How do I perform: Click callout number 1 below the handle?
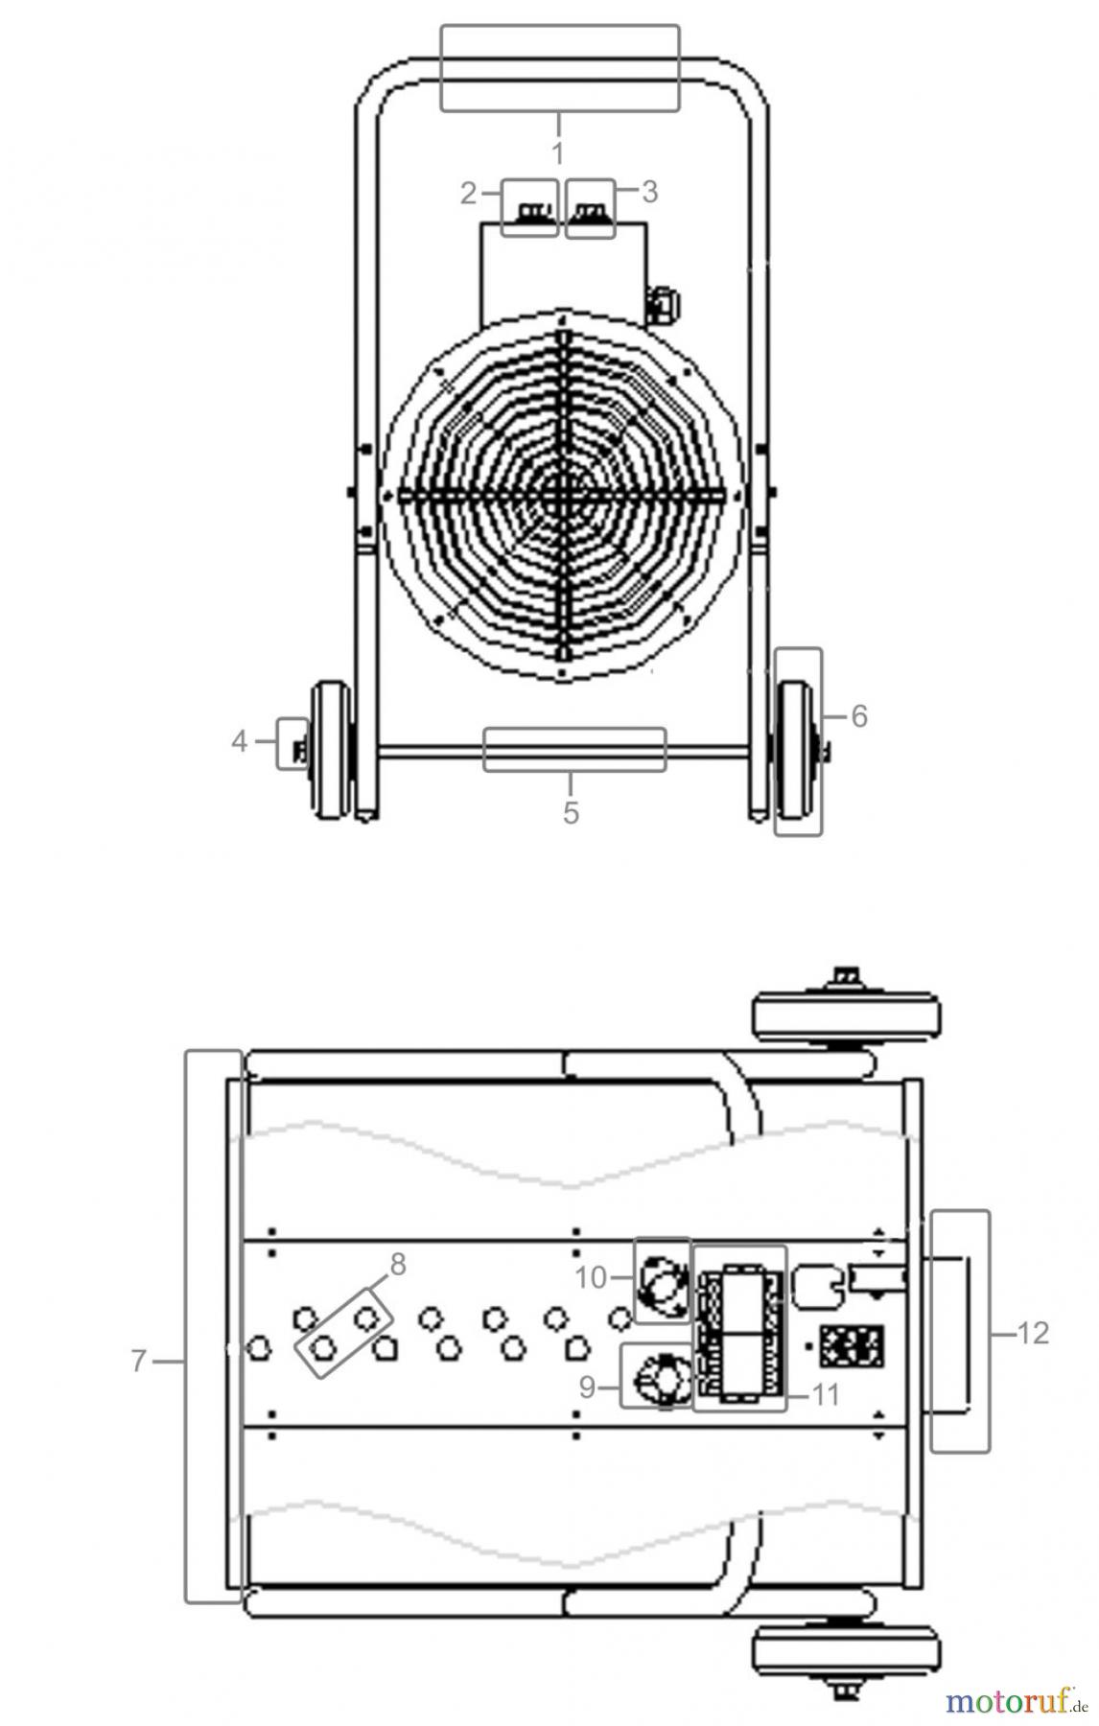557,152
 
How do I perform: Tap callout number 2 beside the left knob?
468,194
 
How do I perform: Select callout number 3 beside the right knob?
649,192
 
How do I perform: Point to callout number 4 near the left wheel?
240,741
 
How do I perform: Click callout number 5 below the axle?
571,813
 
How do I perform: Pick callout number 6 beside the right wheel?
859,715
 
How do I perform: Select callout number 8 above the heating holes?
397,1265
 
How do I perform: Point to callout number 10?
592,1277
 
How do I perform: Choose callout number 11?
826,1394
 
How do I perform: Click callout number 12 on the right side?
1032,1333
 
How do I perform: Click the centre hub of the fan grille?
561,496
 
